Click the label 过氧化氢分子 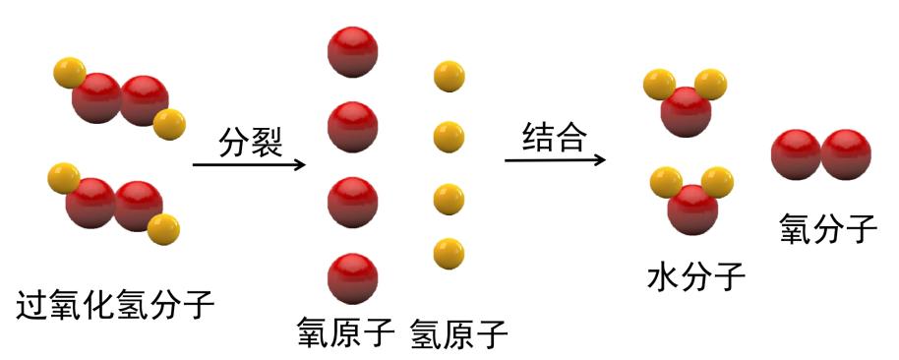[x=115, y=306]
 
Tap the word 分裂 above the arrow [x=250, y=143]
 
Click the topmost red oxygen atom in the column [x=352, y=52]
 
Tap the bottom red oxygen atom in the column [x=352, y=278]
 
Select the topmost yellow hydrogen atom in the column [x=449, y=76]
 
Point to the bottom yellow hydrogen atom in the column [x=449, y=253]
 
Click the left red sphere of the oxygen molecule [x=796, y=155]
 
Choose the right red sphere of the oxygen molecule [x=846, y=155]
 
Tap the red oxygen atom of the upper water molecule [x=687, y=112]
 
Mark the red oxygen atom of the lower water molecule [x=692, y=209]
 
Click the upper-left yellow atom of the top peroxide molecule [x=69, y=73]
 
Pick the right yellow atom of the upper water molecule [x=716, y=85]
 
